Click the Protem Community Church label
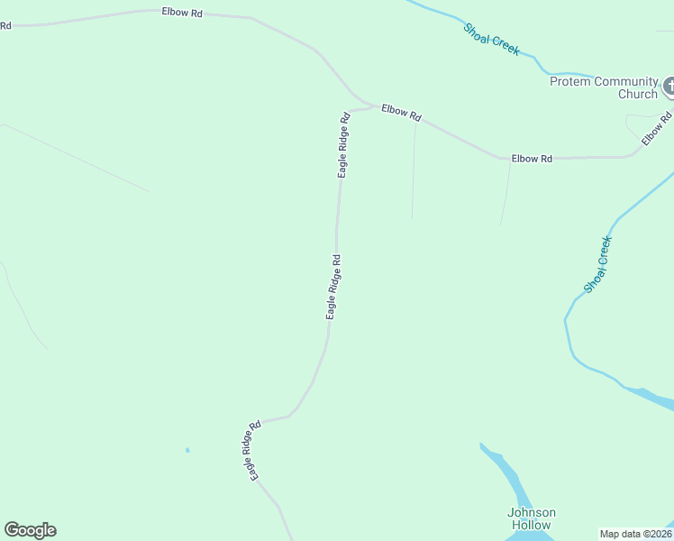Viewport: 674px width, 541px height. (605, 87)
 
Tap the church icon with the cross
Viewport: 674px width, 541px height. (669, 87)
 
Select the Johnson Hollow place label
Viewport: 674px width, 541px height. (532, 518)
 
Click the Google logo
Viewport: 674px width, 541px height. (30, 530)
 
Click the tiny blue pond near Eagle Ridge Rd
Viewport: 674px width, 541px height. (187, 450)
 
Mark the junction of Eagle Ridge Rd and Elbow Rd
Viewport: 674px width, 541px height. (373, 106)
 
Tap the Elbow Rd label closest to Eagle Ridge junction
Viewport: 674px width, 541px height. (401, 113)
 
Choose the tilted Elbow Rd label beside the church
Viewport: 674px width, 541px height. (657, 127)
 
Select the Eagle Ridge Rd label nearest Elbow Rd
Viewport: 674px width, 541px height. (343, 144)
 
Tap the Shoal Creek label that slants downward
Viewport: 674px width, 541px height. (491, 40)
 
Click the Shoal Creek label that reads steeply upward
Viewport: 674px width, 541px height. (598, 264)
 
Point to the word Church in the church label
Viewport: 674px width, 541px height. (638, 94)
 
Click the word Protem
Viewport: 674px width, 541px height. (571, 82)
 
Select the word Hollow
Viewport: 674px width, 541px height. (532, 525)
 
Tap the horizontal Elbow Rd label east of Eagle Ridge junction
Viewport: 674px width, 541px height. (532, 159)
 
